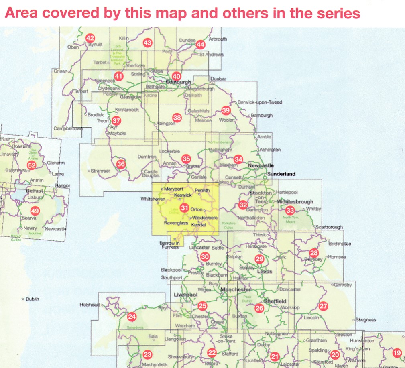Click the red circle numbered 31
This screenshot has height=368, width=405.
coord(184,208)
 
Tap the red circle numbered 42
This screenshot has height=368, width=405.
coord(90,39)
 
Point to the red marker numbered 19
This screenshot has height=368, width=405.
coord(397,353)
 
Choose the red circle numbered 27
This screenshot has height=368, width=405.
coord(324,306)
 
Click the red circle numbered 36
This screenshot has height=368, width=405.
coord(121,164)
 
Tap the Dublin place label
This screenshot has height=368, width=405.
coord(31,299)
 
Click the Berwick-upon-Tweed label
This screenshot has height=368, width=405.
coord(260,102)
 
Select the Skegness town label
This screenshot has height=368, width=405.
coord(365,320)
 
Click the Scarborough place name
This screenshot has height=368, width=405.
coord(330,227)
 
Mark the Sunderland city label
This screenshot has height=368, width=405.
coord(281,174)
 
